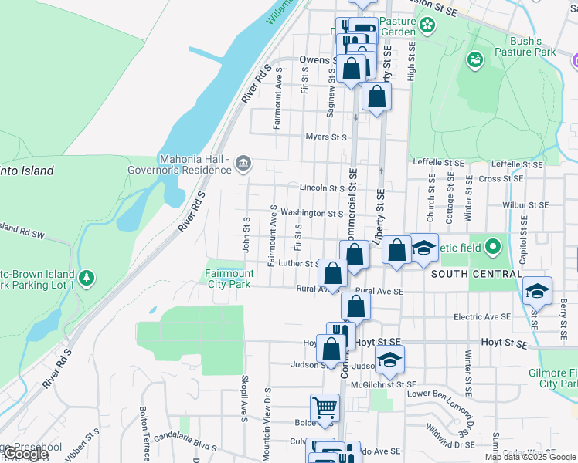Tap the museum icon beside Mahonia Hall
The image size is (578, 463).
point(243,162)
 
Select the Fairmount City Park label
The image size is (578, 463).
point(229,279)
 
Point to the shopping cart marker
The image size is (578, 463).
point(325,407)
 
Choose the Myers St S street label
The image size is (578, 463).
point(326,137)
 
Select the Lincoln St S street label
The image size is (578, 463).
point(321,188)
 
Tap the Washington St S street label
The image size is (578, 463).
point(311,213)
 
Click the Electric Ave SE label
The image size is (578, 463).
point(482,316)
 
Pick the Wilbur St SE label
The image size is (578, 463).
point(524,205)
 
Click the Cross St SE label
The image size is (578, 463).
point(502,178)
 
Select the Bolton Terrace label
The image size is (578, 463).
point(144,428)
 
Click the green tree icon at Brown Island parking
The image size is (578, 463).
point(87,277)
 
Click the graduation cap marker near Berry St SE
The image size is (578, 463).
point(537,291)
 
